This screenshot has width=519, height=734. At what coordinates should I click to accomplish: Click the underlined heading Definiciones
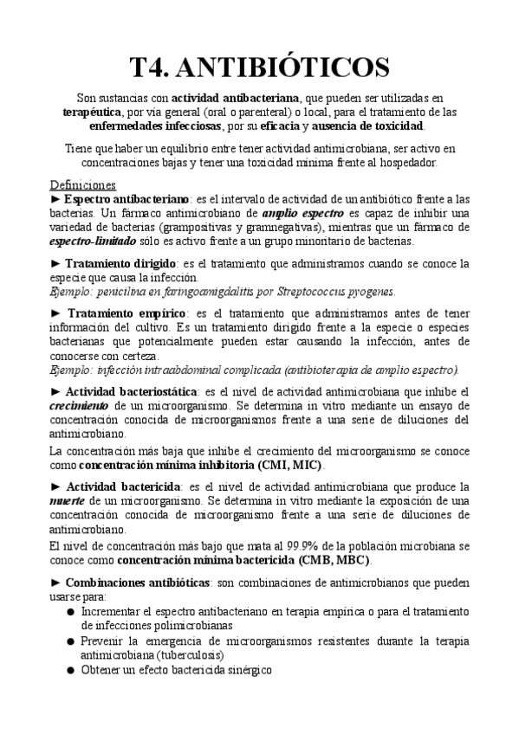point(83,185)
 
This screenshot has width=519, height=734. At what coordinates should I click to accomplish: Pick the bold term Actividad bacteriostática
point(132,392)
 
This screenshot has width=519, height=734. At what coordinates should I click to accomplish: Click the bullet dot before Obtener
point(70,670)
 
